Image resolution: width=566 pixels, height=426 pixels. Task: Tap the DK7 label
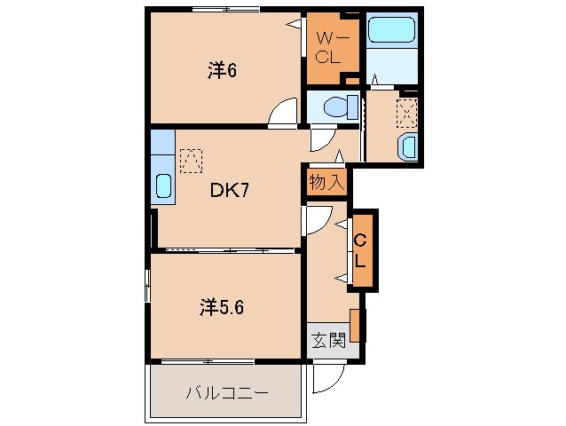pyautogui.click(x=228, y=190)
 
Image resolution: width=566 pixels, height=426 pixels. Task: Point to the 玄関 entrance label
pyautogui.click(x=326, y=340)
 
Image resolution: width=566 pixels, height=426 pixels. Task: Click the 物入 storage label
pyautogui.click(x=326, y=182)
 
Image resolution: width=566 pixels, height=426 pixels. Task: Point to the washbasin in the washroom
pyautogui.click(x=408, y=146)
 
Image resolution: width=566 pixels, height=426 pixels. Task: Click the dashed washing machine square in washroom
pyautogui.click(x=406, y=111)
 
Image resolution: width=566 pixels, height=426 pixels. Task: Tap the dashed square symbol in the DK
pyautogui.click(x=190, y=160)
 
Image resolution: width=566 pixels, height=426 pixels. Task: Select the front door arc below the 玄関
pyautogui.click(x=325, y=380)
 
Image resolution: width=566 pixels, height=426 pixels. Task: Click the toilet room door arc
pyautogui.click(x=319, y=138)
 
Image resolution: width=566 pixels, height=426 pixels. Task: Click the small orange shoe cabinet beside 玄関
pyautogui.click(x=356, y=325)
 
